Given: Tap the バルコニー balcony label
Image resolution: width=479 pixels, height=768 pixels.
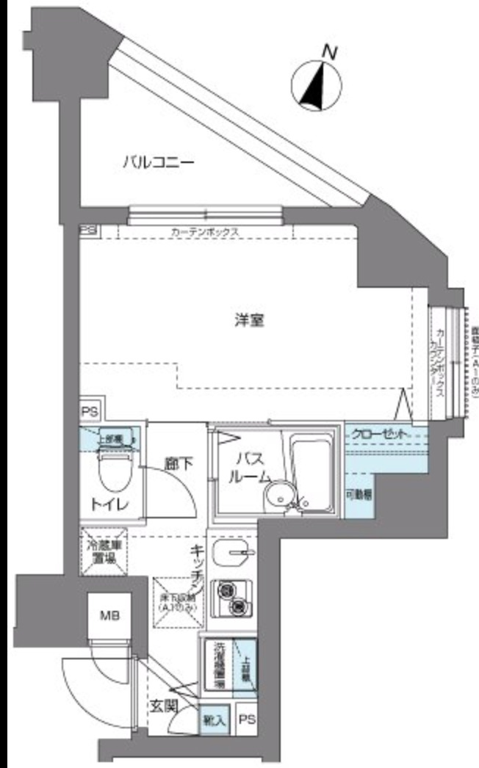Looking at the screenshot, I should point(158,161).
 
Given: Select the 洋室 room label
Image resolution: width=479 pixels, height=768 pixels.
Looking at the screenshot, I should point(249,320).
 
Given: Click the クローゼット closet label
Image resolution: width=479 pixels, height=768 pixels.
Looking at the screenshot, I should point(378,434).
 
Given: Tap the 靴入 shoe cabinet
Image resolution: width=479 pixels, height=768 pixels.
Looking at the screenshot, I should point(215,720).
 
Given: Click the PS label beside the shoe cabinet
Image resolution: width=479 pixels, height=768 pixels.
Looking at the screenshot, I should point(247,720).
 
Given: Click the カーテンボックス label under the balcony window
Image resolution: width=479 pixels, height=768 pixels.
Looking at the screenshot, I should point(205,231).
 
